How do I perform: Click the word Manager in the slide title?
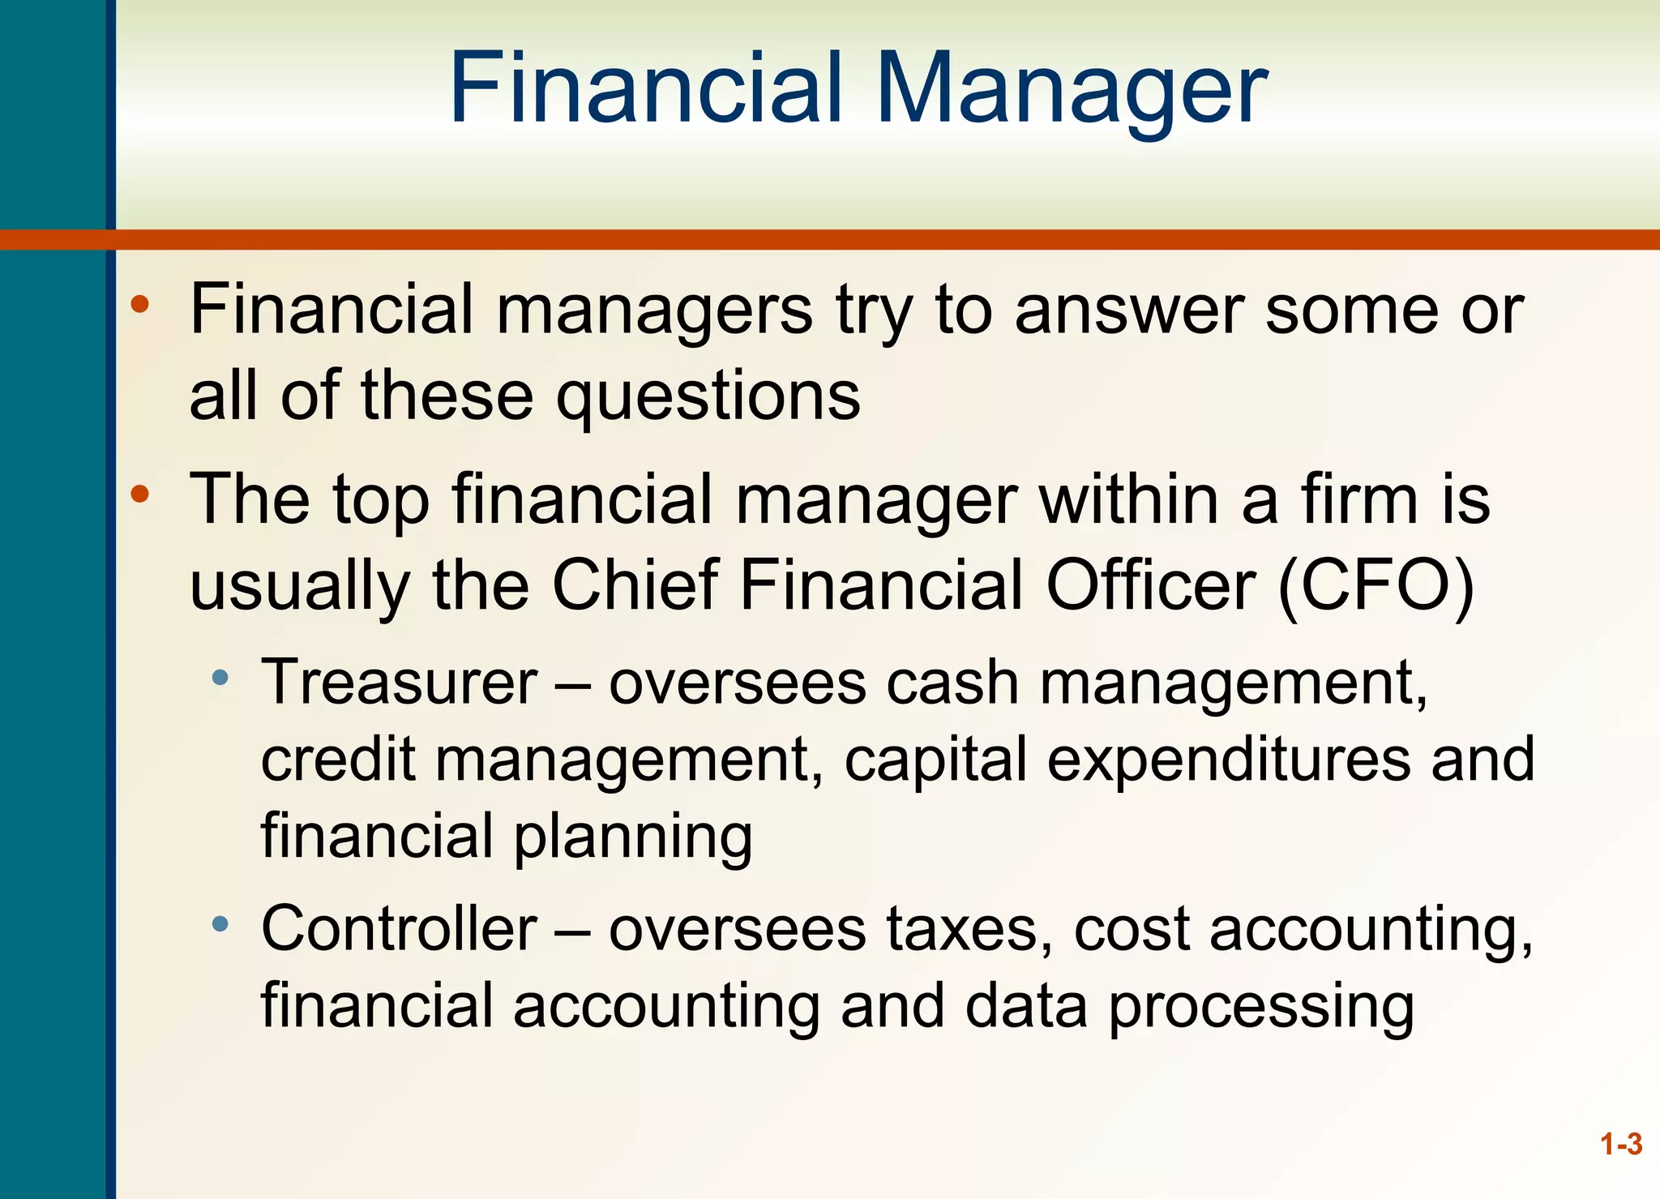coord(1072,89)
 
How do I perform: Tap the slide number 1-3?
coord(1621,1144)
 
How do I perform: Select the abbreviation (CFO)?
coord(1375,585)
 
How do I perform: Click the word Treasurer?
coord(399,683)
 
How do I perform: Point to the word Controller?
coord(399,929)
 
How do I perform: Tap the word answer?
coord(1129,310)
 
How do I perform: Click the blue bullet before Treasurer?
coord(220,678)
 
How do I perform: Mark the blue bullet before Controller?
coord(220,924)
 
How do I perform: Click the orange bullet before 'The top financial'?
coord(140,494)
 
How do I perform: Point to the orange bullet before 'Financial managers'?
coord(140,304)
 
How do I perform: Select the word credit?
coord(338,760)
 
